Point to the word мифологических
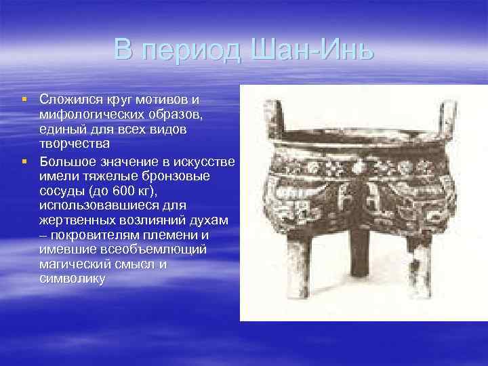click(x=85, y=114)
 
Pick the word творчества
click(x=74, y=144)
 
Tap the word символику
click(x=72, y=279)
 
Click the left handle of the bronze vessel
click(x=273, y=115)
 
